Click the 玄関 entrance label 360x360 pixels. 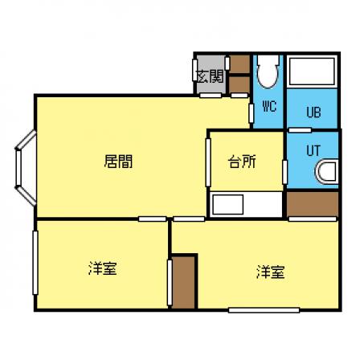click(211, 76)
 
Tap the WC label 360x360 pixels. click(269, 106)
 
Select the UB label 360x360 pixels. click(313, 112)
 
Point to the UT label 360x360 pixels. click(313, 151)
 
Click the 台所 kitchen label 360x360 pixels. click(242, 162)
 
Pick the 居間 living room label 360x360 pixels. click(118, 162)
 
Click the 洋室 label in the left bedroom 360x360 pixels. click(103, 268)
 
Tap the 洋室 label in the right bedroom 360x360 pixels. click(271, 272)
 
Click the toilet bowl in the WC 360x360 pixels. click(268, 72)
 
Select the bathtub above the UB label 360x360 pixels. click(312, 71)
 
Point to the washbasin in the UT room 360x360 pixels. click(327, 172)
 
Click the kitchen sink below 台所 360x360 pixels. click(227, 204)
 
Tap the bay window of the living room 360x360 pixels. click(26, 167)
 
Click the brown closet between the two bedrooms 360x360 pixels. click(183, 282)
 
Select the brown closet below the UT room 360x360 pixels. click(313, 204)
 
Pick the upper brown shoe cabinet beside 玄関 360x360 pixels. click(239, 63)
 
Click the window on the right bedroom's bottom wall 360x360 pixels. click(264, 310)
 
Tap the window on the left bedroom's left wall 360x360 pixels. click(35, 263)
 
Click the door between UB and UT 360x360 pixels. click(300, 130)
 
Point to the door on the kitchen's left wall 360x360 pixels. click(208, 162)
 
